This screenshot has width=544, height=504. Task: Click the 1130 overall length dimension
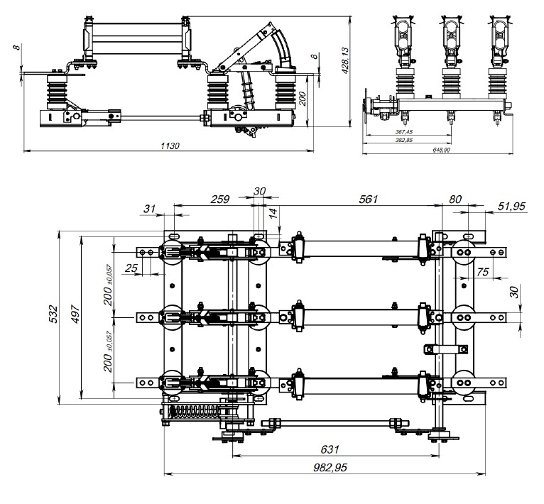[169, 145]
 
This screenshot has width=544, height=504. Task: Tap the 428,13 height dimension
[346, 61]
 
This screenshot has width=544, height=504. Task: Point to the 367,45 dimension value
[404, 133]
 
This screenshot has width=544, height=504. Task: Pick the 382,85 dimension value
[404, 141]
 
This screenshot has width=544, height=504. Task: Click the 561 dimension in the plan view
[368, 199]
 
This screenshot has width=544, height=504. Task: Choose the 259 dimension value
[221, 199]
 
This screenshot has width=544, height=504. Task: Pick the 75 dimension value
[484, 271]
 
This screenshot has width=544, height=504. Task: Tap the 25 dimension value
[131, 268]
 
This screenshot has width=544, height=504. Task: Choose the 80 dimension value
[455, 199]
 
